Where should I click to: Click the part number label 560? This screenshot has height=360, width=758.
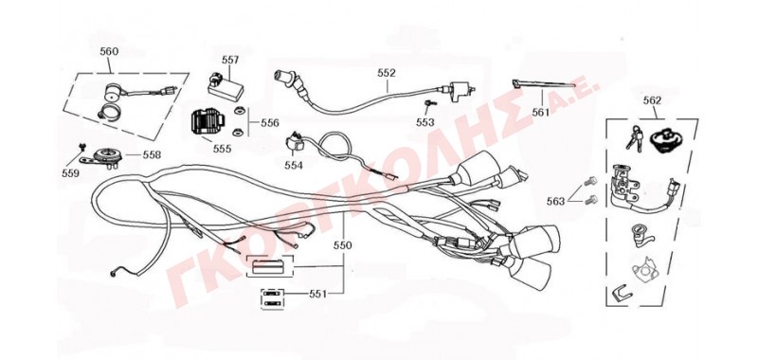109,51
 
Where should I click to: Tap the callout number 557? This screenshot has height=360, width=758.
230,60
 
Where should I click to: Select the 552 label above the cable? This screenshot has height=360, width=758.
387,73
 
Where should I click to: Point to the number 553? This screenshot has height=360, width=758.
425,123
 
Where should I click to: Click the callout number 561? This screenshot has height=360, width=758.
541,113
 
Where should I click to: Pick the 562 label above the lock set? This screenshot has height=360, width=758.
652,100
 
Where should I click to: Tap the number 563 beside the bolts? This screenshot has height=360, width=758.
555,201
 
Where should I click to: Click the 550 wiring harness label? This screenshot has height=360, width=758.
343,245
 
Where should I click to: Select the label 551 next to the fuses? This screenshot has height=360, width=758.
318,294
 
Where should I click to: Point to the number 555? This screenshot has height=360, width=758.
222,149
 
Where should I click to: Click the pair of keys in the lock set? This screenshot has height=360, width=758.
634,138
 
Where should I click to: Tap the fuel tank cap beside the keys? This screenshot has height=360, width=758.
663,140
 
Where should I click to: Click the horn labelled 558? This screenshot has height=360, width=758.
102,157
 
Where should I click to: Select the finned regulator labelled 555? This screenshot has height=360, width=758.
208,124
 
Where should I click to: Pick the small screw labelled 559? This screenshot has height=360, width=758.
81,146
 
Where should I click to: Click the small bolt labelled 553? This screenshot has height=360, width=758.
429,103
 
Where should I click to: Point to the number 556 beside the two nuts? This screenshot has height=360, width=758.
270,123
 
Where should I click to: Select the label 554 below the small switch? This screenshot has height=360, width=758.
294,165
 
